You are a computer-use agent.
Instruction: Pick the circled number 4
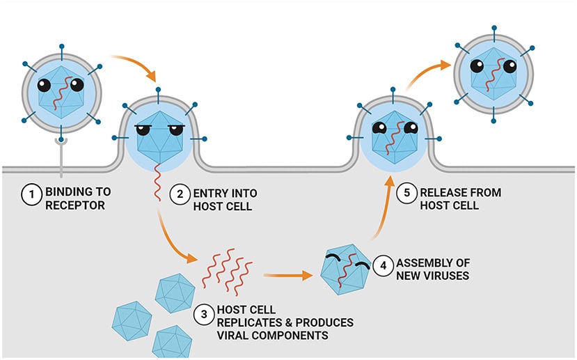[x=384, y=265]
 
